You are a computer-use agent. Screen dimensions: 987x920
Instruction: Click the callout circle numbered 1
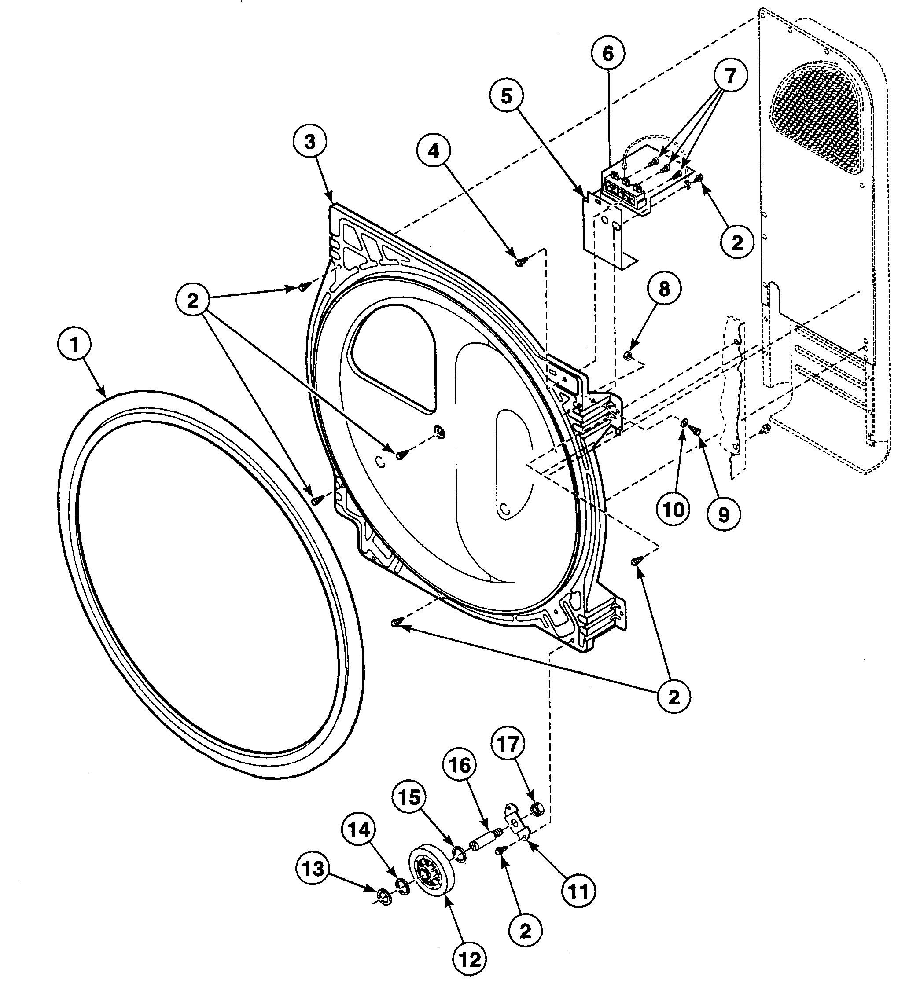[x=74, y=344]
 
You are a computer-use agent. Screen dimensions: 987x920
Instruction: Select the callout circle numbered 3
[x=309, y=142]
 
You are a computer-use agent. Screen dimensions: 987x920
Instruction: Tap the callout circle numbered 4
[x=434, y=151]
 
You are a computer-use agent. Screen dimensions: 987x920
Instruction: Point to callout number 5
[x=506, y=96]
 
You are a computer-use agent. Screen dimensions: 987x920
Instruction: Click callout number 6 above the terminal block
[x=608, y=54]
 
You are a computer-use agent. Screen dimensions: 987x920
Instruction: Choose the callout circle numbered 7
[x=730, y=76]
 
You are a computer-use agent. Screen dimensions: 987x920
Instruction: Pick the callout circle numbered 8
[x=664, y=289]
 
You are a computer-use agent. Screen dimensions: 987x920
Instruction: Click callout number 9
[x=723, y=515]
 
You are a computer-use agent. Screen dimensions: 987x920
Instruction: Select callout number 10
[x=673, y=509]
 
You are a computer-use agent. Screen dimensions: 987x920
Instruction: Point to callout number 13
[x=313, y=869]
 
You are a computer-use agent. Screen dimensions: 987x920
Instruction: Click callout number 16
[x=460, y=765]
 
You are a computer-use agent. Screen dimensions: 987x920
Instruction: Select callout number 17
[x=508, y=744]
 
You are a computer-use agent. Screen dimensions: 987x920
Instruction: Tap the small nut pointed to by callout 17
[x=537, y=809]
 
